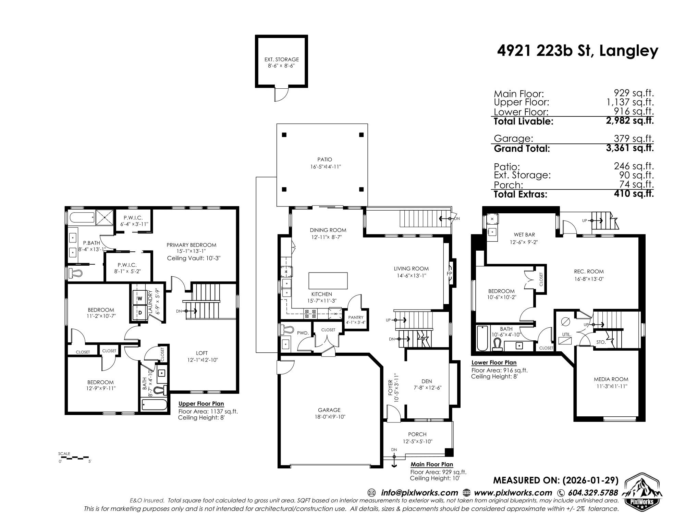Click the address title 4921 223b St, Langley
click(577, 51)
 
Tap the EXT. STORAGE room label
click(281, 59)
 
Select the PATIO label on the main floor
click(325, 160)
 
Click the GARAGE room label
click(329, 410)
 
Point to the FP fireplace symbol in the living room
click(450, 274)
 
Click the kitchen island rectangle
click(328, 281)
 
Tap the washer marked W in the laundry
click(140, 298)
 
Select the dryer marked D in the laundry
click(140, 313)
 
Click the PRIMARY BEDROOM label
click(191, 245)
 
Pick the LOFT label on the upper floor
click(201, 353)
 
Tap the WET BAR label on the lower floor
click(524, 235)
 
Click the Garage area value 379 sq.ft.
click(634, 138)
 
